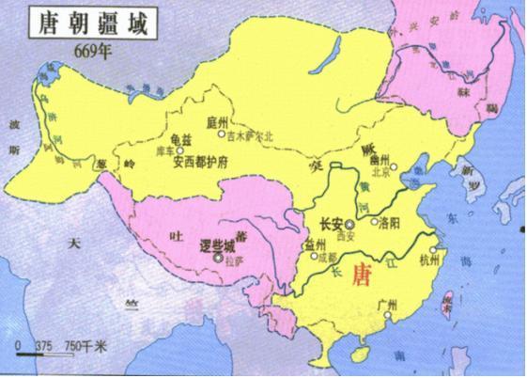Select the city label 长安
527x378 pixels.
(331, 224)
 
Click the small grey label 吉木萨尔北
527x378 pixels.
(251, 135)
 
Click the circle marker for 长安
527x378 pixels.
(349, 225)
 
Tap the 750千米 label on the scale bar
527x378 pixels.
(85, 346)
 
